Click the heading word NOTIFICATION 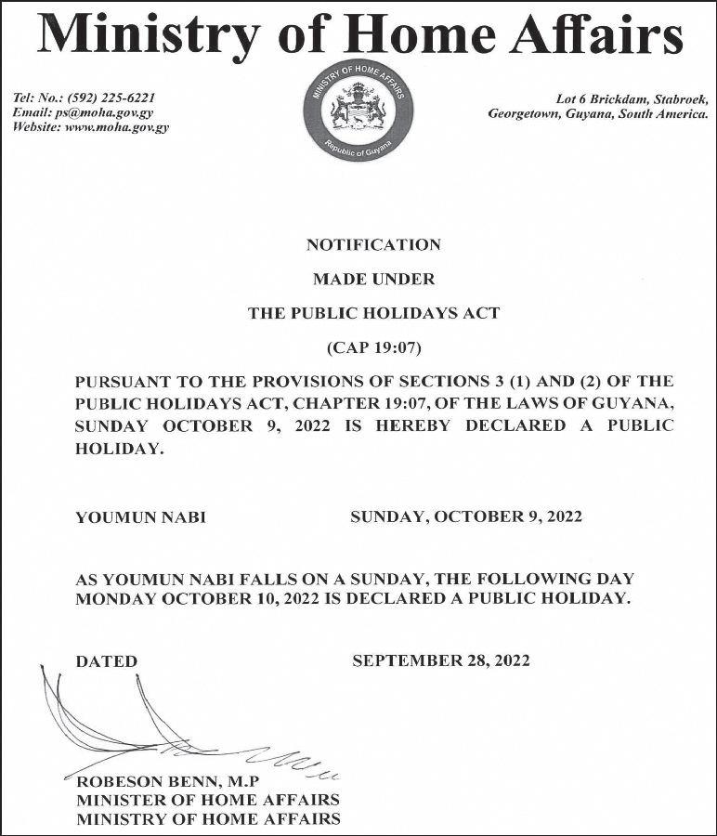[373, 245]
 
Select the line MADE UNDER [373, 279]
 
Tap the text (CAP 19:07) [373, 348]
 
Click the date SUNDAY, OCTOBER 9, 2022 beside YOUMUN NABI [466, 516]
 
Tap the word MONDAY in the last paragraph [116, 599]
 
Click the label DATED [106, 661]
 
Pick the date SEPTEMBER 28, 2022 [441, 660]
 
